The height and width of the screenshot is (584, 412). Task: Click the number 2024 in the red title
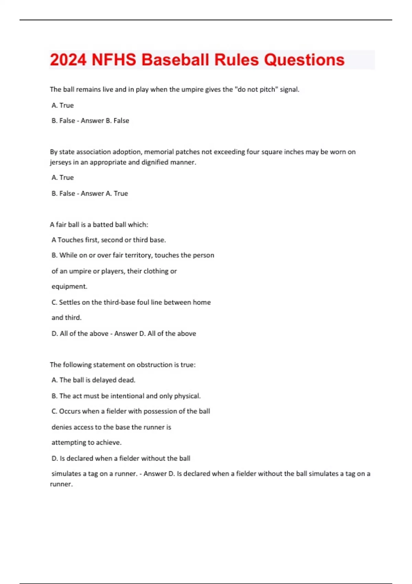68,60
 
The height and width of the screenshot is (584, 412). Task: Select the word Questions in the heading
304,60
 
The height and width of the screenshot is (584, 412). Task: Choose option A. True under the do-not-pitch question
62,105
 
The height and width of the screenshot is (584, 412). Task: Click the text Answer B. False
105,121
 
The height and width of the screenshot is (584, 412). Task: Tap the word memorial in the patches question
159,152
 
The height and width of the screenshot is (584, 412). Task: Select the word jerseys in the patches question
60,162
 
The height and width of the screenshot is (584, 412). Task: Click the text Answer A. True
104,193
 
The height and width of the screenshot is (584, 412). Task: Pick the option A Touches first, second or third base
108,240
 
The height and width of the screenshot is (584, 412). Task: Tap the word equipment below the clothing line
69,287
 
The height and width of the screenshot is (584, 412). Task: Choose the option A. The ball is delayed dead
93,380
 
